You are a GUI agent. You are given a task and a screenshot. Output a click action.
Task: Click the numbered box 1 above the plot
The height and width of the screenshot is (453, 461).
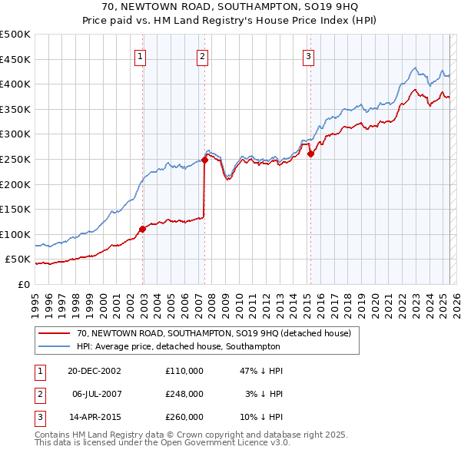142,55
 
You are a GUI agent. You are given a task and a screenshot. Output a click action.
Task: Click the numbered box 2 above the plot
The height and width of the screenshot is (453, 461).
201,55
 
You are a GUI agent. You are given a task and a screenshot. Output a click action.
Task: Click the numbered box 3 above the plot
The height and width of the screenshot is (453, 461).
308,55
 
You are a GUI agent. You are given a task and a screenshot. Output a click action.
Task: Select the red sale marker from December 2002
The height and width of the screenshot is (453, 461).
143,229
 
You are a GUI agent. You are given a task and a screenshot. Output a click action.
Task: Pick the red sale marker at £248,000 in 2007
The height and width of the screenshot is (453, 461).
205,160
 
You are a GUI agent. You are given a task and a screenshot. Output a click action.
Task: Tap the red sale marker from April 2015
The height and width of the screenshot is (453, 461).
310,154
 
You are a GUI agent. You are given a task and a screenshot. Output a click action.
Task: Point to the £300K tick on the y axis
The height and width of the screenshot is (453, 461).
15,134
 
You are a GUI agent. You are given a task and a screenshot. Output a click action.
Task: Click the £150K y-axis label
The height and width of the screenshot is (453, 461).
15,209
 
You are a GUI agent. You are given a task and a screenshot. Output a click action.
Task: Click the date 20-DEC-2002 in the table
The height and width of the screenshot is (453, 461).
95,370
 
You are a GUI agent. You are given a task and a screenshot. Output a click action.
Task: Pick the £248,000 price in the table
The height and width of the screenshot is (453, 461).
184,393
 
